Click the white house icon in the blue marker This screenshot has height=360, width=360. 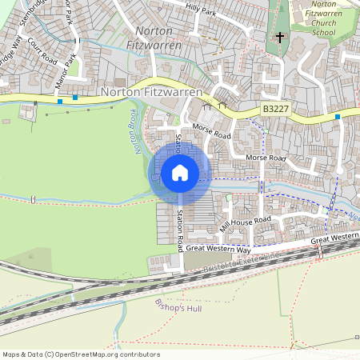pyautogui.click(x=180, y=173)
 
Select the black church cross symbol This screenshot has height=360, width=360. pyautogui.click(x=280, y=37)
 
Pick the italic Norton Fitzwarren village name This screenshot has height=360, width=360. pyautogui.click(x=154, y=38)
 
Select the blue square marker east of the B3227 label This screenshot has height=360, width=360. pyautogui.click(x=338, y=117)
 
